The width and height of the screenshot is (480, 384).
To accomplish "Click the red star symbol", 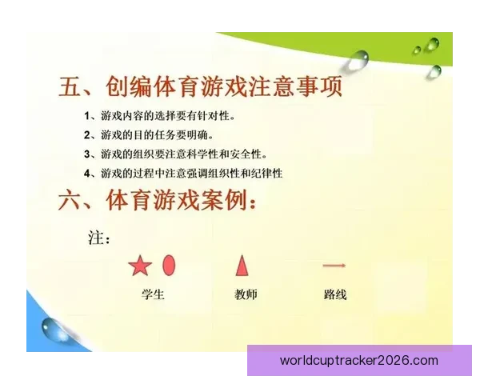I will click(x=140, y=266).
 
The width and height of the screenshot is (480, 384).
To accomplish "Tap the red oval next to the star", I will click(x=169, y=265).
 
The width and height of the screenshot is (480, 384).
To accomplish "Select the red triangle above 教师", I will click(x=242, y=265).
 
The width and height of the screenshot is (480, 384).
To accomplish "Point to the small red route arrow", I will click(x=334, y=265).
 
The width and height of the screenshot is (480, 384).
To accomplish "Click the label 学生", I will click(x=152, y=294).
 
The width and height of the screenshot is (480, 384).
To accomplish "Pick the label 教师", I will click(x=246, y=294).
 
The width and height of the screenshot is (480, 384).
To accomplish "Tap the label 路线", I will click(x=335, y=294).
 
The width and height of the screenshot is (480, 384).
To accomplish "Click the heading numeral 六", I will click(x=70, y=201).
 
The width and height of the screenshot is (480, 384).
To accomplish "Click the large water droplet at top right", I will click(x=356, y=57).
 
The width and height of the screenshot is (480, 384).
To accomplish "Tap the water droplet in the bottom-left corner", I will click(x=54, y=328).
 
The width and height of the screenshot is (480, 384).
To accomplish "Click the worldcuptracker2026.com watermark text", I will click(x=359, y=361).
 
